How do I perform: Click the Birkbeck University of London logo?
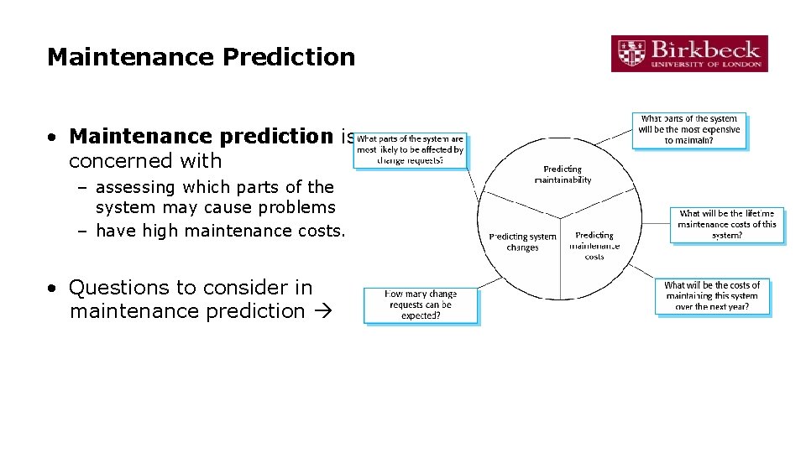[688, 54]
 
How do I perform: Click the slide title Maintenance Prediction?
[201, 57]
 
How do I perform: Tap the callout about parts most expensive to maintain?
[688, 130]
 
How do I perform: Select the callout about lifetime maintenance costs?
[726, 225]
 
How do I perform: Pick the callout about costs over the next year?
[712, 296]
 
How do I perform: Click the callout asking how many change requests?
[421, 305]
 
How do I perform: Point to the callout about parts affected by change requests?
[410, 150]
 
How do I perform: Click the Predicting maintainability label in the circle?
[563, 174]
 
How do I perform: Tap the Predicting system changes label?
[522, 242]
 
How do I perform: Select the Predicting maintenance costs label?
[594, 246]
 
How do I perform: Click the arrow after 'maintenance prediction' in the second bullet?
[321, 311]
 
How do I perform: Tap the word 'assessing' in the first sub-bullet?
[133, 187]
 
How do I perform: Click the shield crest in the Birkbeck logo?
[631, 54]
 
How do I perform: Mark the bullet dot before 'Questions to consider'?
[52, 288]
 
